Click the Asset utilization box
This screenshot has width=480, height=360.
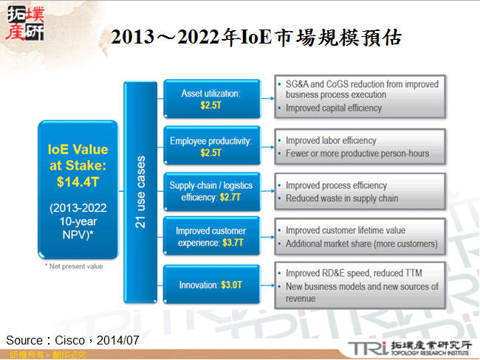[x=210, y=100]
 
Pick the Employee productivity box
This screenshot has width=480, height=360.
[x=210, y=146]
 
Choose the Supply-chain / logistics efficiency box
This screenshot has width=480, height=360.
[x=210, y=191]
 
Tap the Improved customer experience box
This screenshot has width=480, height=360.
[x=210, y=237]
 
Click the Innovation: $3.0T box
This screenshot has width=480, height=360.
[x=210, y=284]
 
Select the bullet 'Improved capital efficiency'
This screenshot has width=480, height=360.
[x=333, y=108]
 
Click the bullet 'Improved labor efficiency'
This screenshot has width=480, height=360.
[x=330, y=140]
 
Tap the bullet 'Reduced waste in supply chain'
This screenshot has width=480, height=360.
[x=341, y=198]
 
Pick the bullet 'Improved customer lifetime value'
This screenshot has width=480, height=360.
[x=345, y=230]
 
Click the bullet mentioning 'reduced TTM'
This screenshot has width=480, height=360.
[x=354, y=271]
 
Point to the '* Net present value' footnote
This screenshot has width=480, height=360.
[x=73, y=266]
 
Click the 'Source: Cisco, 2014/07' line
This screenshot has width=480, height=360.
[x=72, y=340]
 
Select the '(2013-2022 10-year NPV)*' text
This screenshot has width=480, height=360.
[x=78, y=221]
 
